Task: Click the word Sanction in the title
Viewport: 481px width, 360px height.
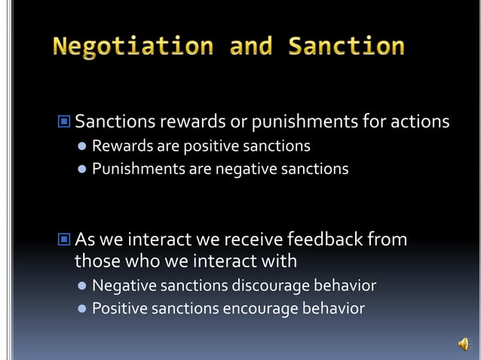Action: (x=347, y=47)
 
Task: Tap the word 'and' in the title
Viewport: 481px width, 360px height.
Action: (x=253, y=47)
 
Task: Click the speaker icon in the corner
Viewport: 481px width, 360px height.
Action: (x=463, y=344)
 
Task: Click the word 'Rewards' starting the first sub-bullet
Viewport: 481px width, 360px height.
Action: (x=120, y=145)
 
